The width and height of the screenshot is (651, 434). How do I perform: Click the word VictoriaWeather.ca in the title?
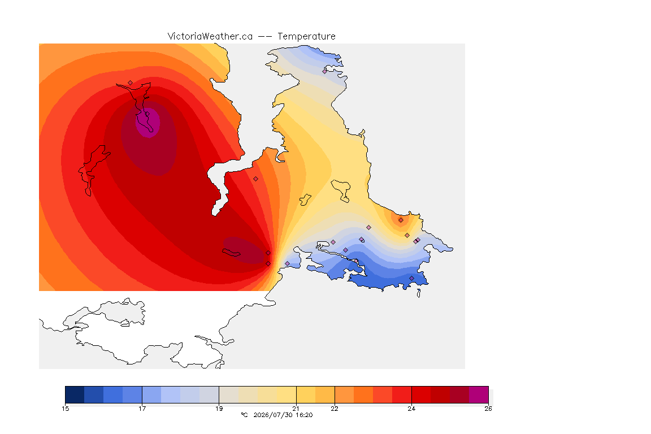(x=210, y=36)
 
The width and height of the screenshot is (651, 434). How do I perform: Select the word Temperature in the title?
(x=306, y=36)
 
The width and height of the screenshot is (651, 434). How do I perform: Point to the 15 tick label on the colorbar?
(x=65, y=409)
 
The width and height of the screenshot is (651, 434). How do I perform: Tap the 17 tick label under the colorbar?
(x=142, y=409)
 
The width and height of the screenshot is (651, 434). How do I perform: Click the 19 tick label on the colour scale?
(x=219, y=409)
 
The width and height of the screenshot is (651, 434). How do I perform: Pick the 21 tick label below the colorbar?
(x=296, y=409)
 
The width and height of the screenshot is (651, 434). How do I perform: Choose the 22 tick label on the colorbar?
(x=334, y=409)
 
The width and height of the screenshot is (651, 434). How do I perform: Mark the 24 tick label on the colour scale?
(x=411, y=409)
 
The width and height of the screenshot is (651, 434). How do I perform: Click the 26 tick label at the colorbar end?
(x=488, y=409)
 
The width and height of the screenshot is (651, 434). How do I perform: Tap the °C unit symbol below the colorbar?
(x=244, y=415)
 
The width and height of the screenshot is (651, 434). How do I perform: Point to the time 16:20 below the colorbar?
(x=304, y=415)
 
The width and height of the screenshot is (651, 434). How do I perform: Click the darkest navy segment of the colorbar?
(x=75, y=394)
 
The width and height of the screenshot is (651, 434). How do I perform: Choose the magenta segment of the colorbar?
(x=479, y=394)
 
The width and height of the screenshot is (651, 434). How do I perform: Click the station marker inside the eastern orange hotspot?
(x=401, y=220)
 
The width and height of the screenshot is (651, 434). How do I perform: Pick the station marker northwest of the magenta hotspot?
(x=131, y=83)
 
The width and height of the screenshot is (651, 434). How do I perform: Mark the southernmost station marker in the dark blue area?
(x=411, y=279)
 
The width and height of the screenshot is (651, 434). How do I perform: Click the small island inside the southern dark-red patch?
(x=231, y=253)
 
